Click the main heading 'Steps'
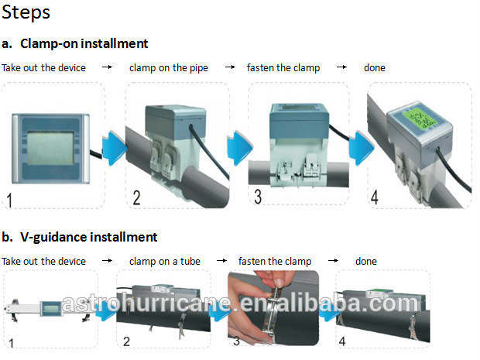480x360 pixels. (x=26, y=13)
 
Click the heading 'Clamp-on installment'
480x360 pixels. (x=84, y=44)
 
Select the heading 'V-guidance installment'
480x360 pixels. (x=89, y=237)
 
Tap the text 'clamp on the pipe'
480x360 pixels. (x=169, y=67)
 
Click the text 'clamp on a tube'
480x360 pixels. (x=165, y=262)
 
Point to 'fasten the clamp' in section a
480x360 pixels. (x=283, y=67)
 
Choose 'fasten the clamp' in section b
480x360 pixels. (x=275, y=262)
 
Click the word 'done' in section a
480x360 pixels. (x=375, y=67)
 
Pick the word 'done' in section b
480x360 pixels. (x=366, y=262)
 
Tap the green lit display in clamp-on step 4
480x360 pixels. (x=419, y=118)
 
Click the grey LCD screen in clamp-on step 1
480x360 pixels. (x=50, y=148)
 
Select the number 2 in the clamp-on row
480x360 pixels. (x=136, y=197)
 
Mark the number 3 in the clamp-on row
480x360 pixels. (x=258, y=197)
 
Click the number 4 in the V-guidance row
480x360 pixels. (x=342, y=341)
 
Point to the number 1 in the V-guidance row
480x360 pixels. (x=11, y=343)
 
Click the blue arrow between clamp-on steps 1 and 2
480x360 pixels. (x=114, y=148)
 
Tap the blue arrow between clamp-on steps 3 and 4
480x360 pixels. (x=361, y=148)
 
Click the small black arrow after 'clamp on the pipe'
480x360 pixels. (x=230, y=67)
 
